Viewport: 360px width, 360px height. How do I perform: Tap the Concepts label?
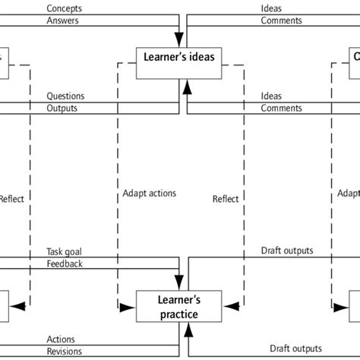click(x=64, y=8)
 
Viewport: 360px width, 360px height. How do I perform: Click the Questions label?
click(x=65, y=96)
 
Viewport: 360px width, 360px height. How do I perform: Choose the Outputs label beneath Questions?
click(x=63, y=109)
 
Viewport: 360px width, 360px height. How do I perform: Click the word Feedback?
click(x=65, y=264)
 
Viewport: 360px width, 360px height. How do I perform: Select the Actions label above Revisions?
click(x=61, y=339)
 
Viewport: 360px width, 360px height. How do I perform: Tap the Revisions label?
click(x=64, y=351)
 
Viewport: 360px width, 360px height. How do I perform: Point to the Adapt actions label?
click(x=149, y=193)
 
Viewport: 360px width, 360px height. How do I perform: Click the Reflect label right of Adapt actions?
click(x=225, y=199)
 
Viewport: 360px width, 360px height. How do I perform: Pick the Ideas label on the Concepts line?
click(x=271, y=8)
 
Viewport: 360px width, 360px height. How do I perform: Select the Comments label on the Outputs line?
click(x=281, y=109)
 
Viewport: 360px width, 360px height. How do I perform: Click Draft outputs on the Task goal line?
click(x=286, y=251)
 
